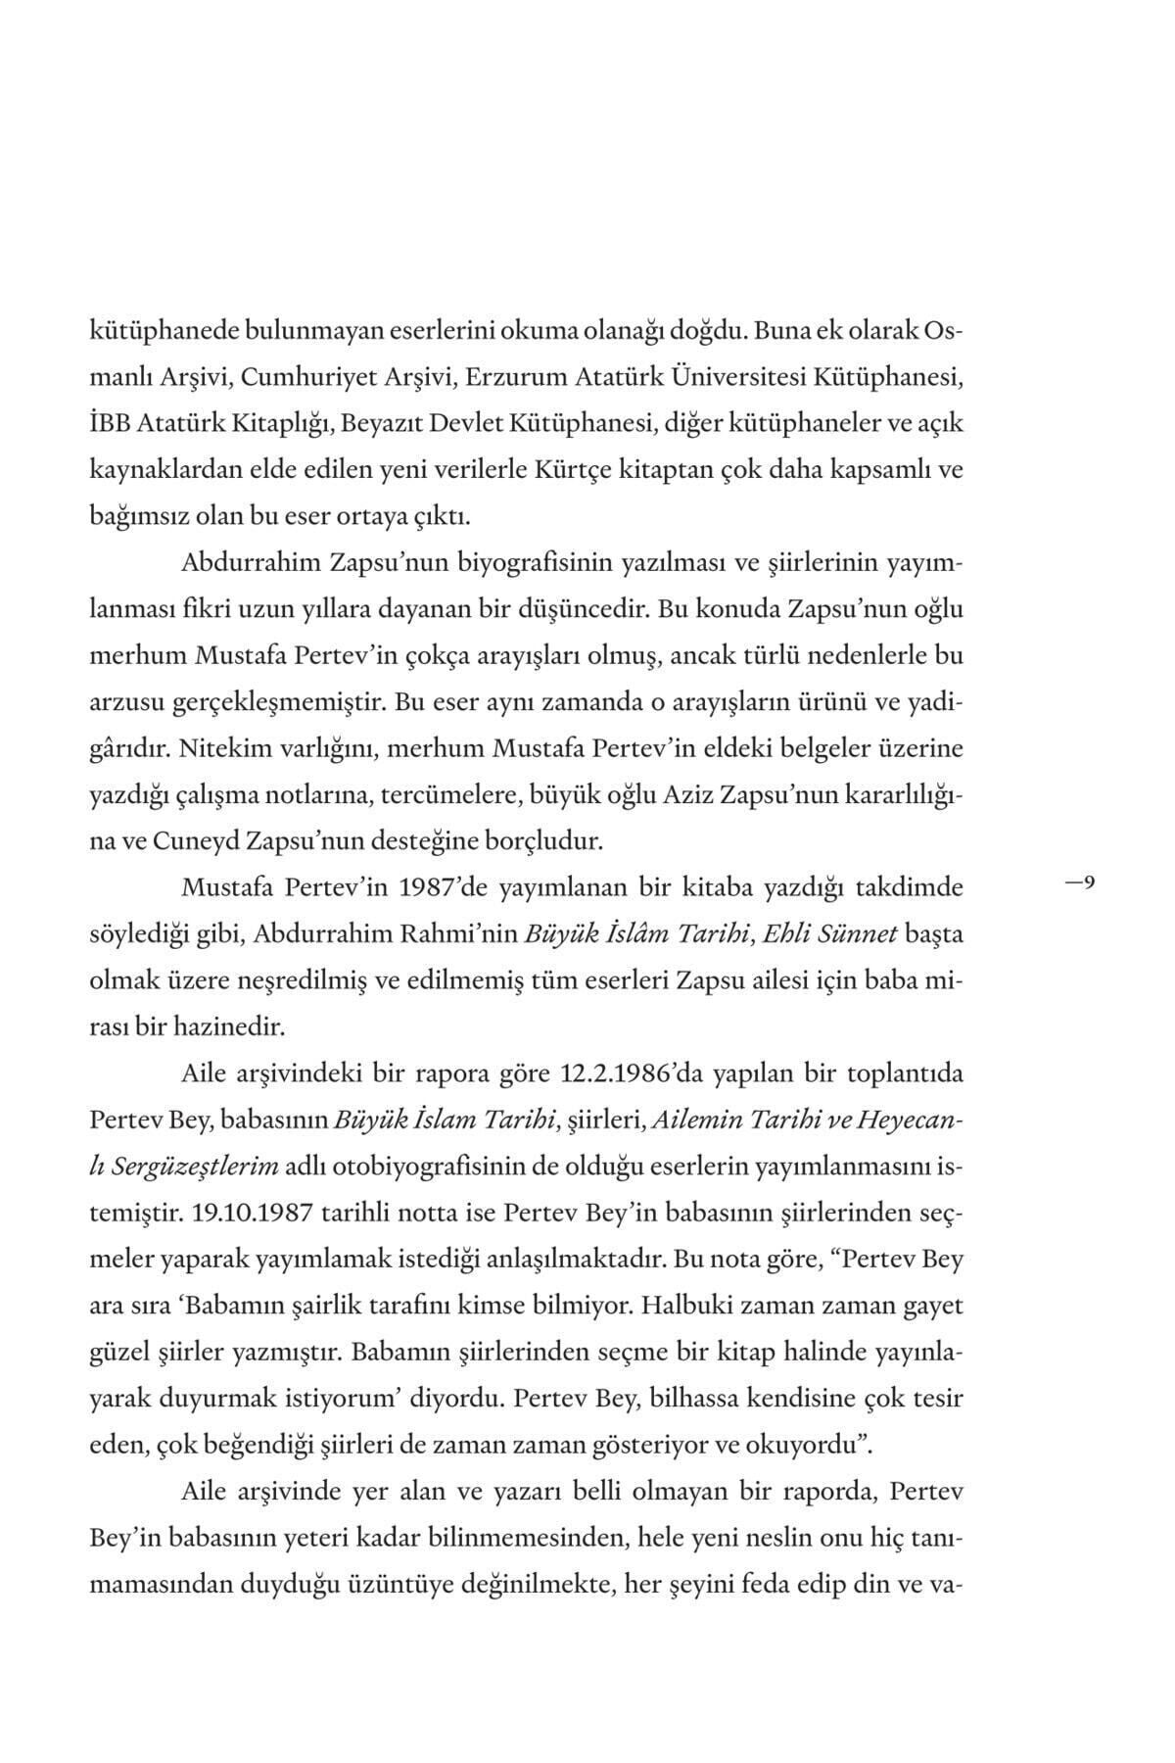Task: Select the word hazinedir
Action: click(x=231, y=1027)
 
